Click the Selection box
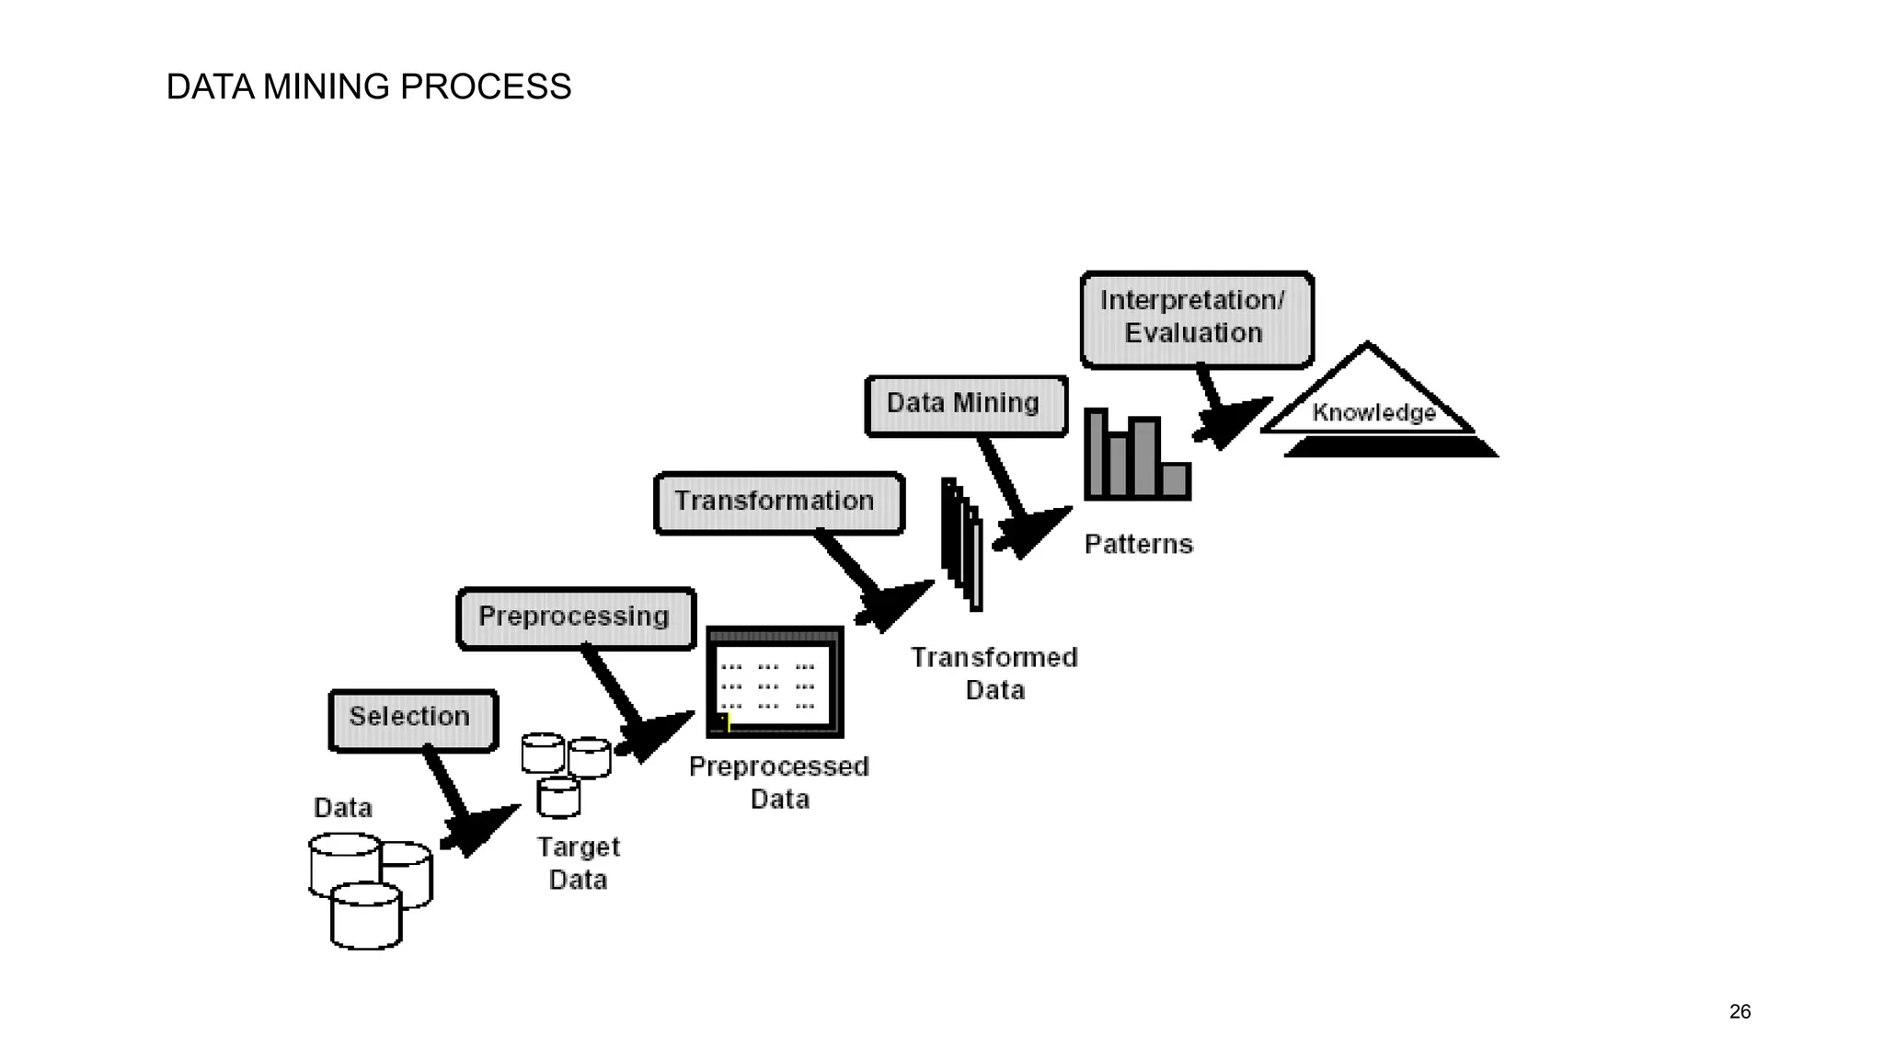tap(413, 720)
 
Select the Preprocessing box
tap(576, 618)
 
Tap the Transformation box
tap(778, 502)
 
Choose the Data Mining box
tap(966, 405)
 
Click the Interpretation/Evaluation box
tap(1196, 318)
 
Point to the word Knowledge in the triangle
tap(1373, 413)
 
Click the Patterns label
tap(1138, 544)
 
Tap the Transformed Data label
tap(994, 674)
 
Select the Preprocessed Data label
tap(778, 782)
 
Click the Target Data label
tap(578, 863)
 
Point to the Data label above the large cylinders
tap(343, 808)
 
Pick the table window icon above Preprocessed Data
tap(775, 682)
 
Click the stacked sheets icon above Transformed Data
tap(962, 544)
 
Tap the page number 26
tap(1740, 1012)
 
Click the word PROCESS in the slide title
tap(486, 87)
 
